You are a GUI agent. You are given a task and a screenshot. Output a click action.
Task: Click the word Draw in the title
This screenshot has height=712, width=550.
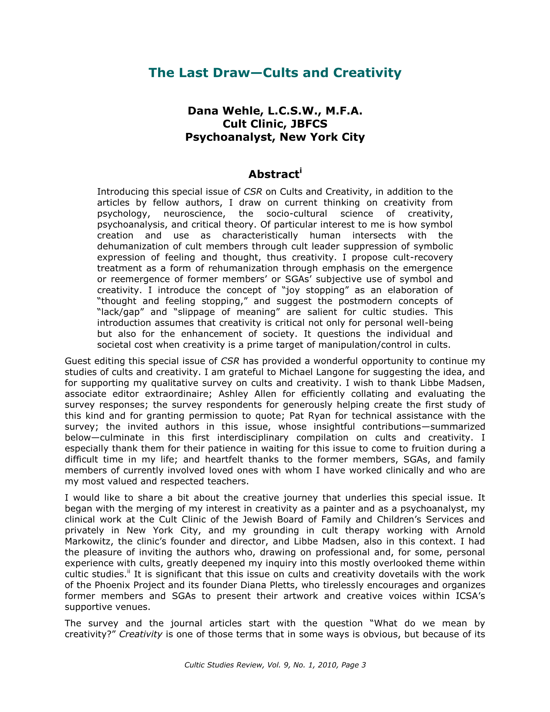pos(231,73)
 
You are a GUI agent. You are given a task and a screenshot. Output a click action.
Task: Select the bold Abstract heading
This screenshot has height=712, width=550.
pos(273,175)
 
